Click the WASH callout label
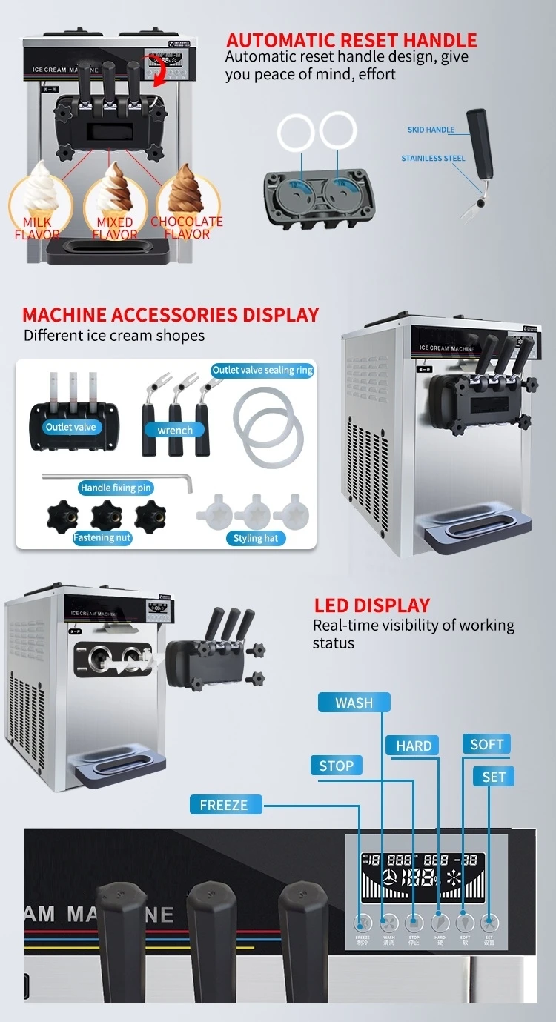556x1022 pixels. click(354, 703)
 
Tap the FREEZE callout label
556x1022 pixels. click(223, 805)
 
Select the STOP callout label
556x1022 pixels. click(336, 766)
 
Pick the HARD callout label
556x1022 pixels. click(414, 746)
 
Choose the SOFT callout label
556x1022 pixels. click(486, 744)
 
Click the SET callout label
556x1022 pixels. click(493, 777)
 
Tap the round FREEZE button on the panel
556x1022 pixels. click(363, 923)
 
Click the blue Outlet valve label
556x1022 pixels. click(70, 427)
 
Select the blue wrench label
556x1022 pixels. click(175, 430)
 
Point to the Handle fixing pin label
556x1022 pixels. click(116, 488)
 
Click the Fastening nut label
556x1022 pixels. click(102, 538)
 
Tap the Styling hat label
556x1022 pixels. click(256, 538)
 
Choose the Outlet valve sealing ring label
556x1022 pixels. click(262, 370)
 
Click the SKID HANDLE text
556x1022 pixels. click(431, 130)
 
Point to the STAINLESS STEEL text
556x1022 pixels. click(433, 159)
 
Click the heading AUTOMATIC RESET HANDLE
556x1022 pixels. click(351, 40)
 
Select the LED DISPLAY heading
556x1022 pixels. click(372, 605)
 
